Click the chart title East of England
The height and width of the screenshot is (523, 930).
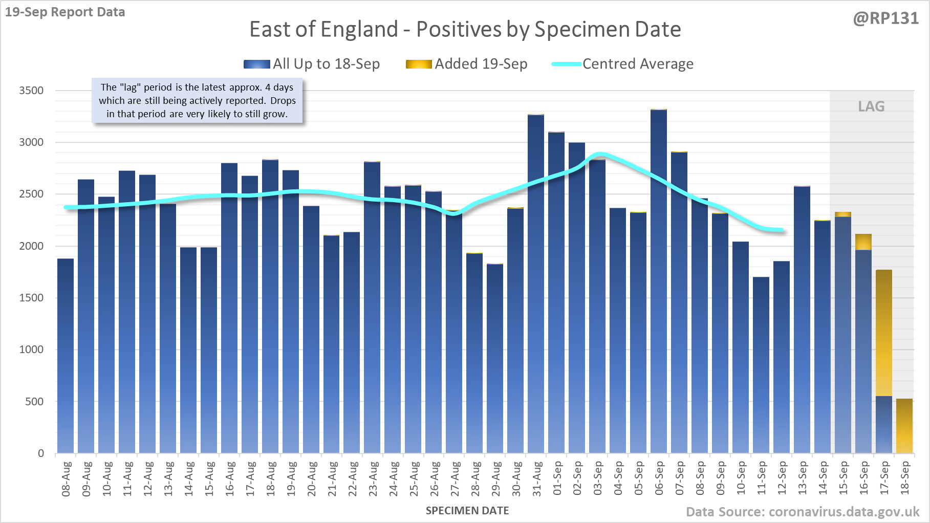(465, 29)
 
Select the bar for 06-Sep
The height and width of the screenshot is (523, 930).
(659, 281)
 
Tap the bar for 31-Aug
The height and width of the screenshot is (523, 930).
(536, 284)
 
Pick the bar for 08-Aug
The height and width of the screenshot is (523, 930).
(66, 356)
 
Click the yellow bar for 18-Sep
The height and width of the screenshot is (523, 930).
(904, 426)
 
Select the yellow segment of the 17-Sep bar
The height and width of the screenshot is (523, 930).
(884, 333)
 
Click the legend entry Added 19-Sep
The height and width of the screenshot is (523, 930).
(467, 64)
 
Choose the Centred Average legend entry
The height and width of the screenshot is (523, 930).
(623, 64)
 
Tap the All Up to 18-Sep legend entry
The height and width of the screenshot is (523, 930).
(312, 64)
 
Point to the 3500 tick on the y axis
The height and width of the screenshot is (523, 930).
(31, 91)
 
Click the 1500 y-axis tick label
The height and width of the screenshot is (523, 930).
(31, 298)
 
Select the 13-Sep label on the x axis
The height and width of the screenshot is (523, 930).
(803, 478)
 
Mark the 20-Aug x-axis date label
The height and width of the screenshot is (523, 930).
(312, 478)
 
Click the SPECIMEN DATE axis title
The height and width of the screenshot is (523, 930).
(467, 511)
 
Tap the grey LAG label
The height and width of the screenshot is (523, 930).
(871, 106)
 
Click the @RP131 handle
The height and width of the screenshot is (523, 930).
(885, 18)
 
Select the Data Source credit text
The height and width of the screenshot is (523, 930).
(803, 512)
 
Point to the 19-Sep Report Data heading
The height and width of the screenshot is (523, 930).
(65, 12)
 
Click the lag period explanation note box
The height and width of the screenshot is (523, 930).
(197, 101)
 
